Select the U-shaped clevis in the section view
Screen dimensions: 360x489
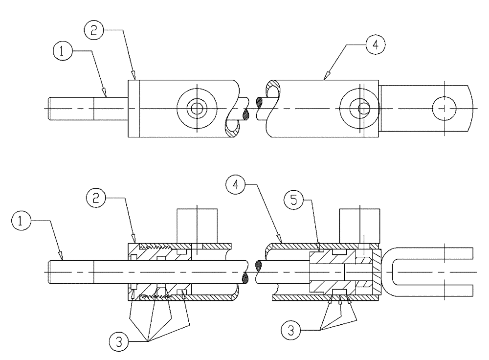coord(430,272)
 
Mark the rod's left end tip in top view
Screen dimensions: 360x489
coord(50,108)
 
